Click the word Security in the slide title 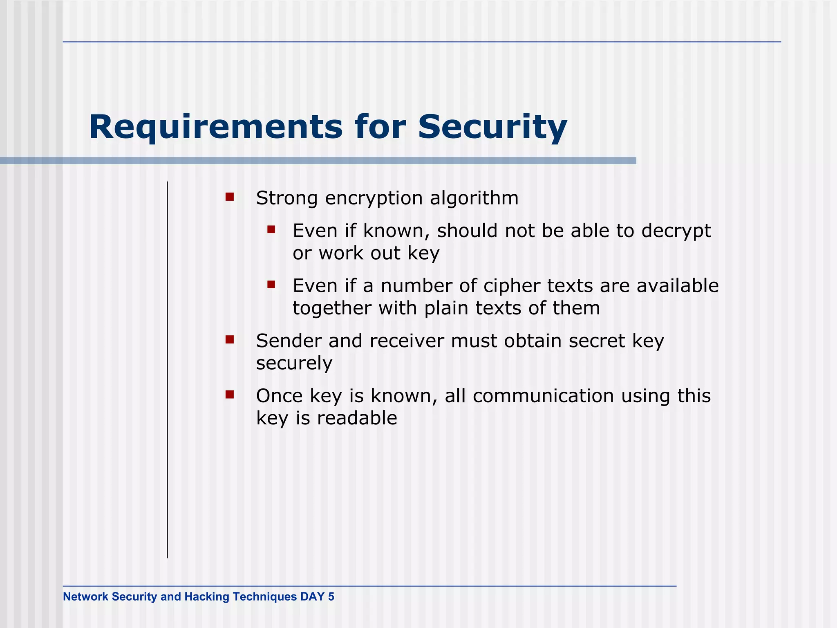click(x=492, y=128)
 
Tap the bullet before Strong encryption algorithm click(x=230, y=197)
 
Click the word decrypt click(x=676, y=231)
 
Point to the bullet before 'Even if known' click(x=271, y=230)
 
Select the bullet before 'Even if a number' click(x=271, y=285)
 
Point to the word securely click(x=294, y=363)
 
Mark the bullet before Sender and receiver click(x=230, y=340)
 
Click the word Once click(x=279, y=396)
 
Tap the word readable click(x=357, y=418)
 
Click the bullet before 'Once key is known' click(x=230, y=395)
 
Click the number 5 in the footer click(x=331, y=597)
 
